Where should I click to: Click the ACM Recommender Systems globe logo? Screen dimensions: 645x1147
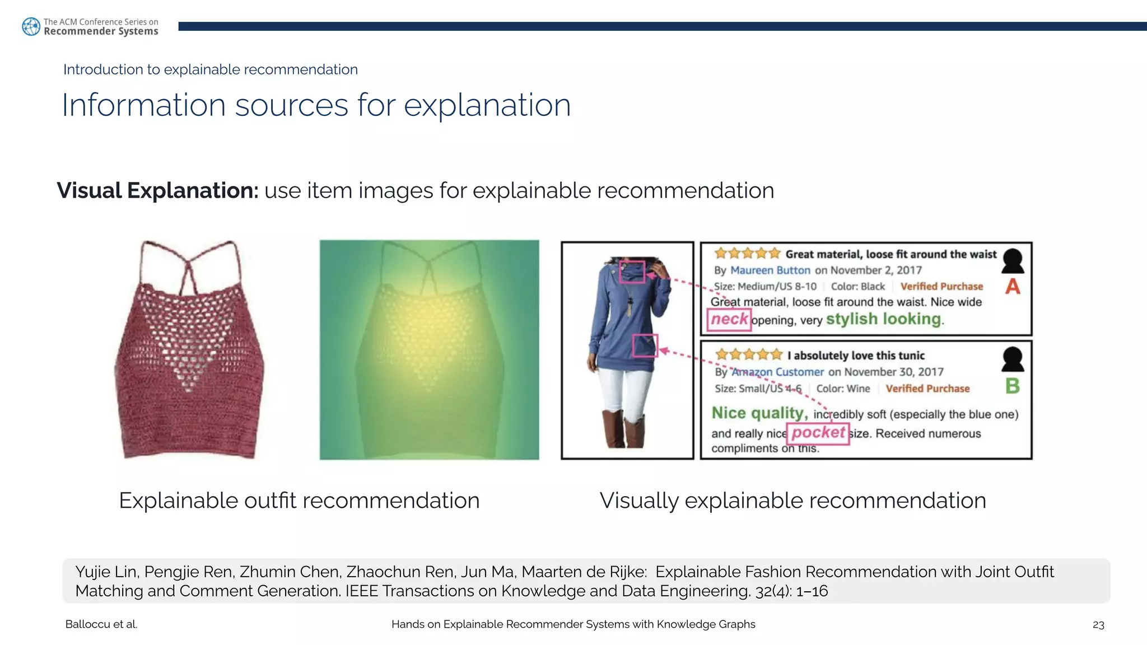(x=31, y=26)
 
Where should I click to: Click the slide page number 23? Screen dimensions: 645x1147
(x=1098, y=625)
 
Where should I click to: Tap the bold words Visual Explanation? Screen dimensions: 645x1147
(x=157, y=191)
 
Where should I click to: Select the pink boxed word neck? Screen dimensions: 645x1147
(x=729, y=320)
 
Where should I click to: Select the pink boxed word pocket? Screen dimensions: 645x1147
(x=818, y=433)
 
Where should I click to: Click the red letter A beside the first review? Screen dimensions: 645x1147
(x=1013, y=287)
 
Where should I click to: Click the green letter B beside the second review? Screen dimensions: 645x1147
(x=1013, y=386)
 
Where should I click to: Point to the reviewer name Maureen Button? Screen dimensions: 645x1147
(x=770, y=270)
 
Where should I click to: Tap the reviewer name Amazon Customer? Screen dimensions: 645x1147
(x=778, y=372)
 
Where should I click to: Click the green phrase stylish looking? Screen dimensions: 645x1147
(x=884, y=319)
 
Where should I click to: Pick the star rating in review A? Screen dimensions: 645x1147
(x=747, y=254)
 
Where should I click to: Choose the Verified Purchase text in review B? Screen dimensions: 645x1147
(x=927, y=389)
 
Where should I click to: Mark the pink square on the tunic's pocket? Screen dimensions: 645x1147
(x=645, y=345)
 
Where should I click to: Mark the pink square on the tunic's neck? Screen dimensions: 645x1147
(x=632, y=272)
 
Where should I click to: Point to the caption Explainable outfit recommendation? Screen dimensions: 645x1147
(x=299, y=501)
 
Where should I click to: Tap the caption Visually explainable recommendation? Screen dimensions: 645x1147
(x=792, y=501)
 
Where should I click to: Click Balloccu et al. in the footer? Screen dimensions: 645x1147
(x=101, y=624)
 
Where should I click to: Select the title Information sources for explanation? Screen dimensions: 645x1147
(x=316, y=105)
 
